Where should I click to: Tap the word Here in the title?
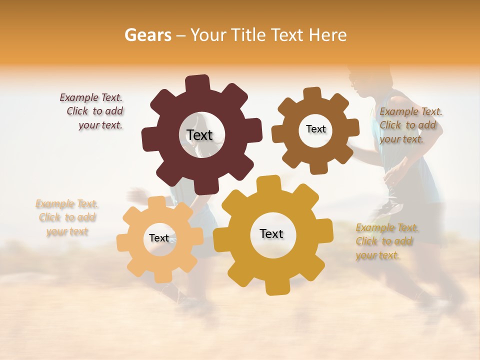click(x=328, y=35)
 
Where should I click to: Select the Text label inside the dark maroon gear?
click(x=199, y=135)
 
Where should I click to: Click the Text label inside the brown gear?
click(x=315, y=129)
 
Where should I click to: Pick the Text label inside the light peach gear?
click(x=159, y=238)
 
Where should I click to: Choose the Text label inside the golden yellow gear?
click(x=271, y=233)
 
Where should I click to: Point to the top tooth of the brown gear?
click(x=312, y=94)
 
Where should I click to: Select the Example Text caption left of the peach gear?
click(x=67, y=217)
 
